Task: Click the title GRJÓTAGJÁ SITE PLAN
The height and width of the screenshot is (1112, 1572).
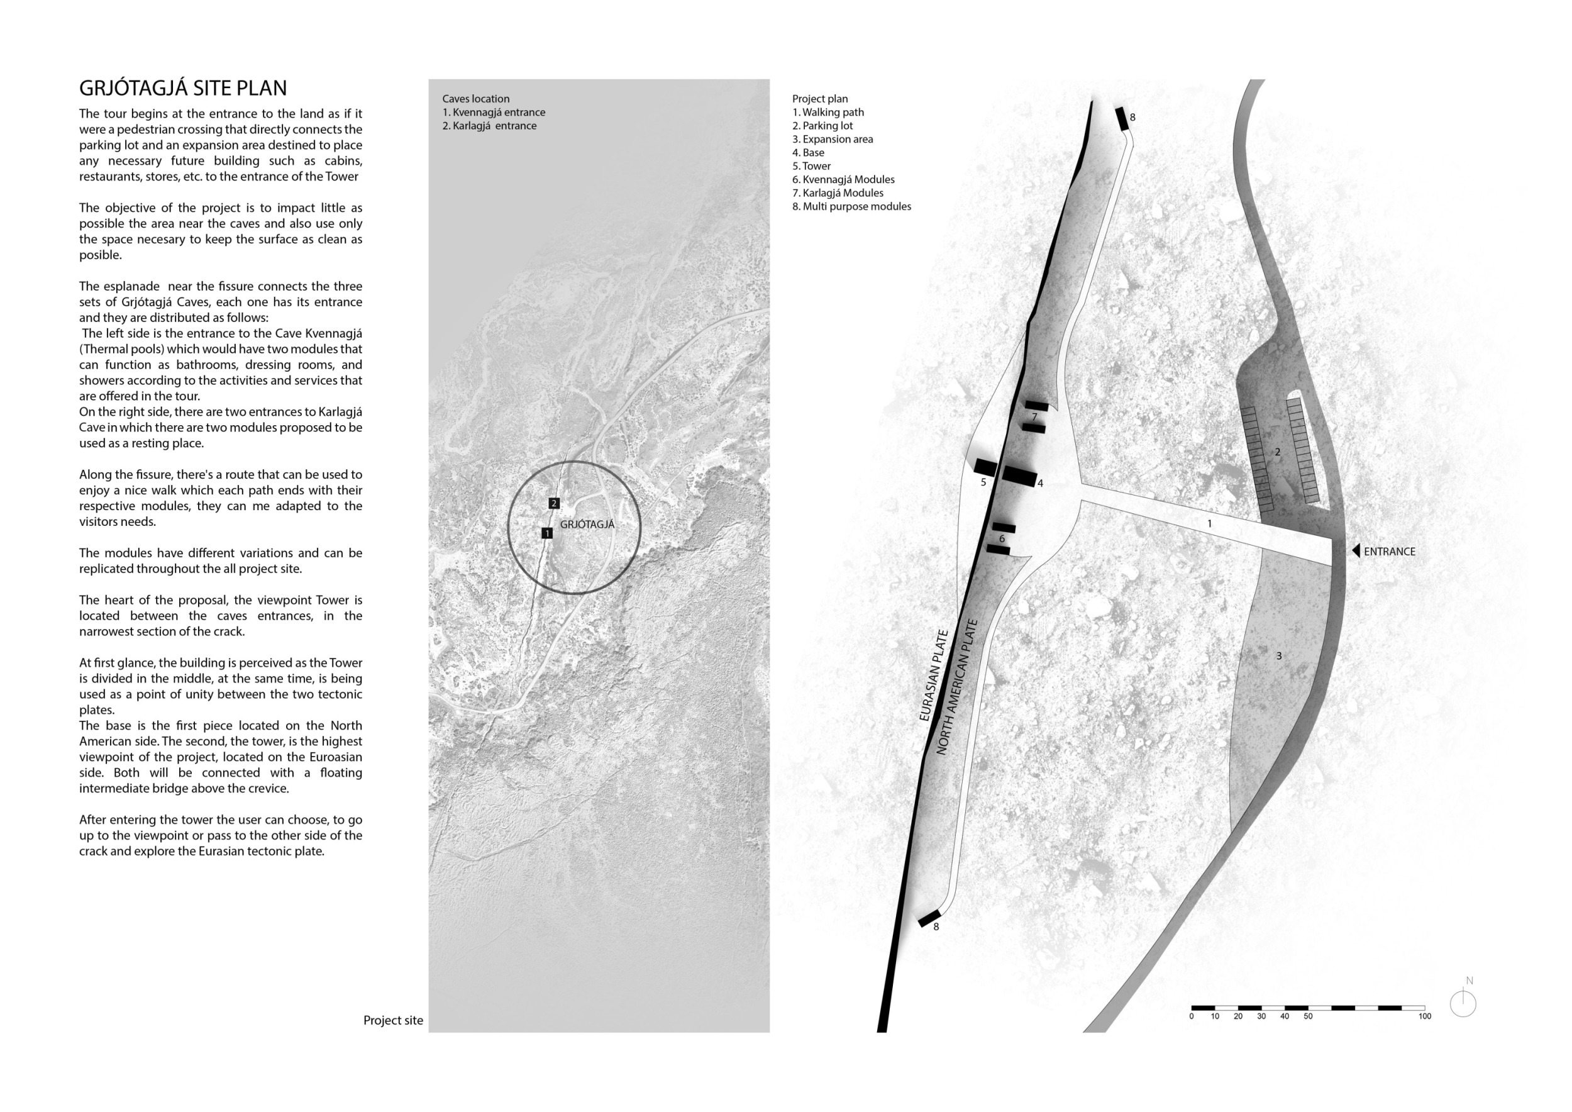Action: [x=183, y=88]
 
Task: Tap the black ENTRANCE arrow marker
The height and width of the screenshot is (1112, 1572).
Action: [x=1356, y=550]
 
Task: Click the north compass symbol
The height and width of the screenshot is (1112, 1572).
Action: [x=1463, y=1004]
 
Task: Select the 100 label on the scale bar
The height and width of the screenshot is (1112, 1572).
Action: [x=1424, y=1016]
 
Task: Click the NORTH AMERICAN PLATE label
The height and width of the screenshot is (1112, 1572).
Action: [x=956, y=686]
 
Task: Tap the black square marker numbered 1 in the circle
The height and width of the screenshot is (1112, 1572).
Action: [x=547, y=533]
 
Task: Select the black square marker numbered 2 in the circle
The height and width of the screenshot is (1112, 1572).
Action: [x=554, y=503]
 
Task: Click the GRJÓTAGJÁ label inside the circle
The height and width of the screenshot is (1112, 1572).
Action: [x=587, y=525]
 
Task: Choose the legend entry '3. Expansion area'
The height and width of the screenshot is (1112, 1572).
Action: [x=833, y=139]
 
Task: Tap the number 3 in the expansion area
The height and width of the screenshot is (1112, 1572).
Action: [x=1279, y=656]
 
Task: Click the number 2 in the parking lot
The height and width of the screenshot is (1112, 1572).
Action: [x=1278, y=452]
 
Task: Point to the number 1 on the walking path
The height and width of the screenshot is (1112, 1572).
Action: [x=1209, y=524]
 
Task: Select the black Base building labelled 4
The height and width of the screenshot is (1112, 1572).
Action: [x=1019, y=475]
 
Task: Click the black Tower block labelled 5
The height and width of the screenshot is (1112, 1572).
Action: [x=985, y=468]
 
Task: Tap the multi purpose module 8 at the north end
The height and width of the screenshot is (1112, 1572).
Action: [x=1122, y=118]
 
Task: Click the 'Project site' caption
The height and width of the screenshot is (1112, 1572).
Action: [x=393, y=1020]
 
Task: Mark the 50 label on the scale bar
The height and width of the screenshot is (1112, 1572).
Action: [x=1308, y=1016]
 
